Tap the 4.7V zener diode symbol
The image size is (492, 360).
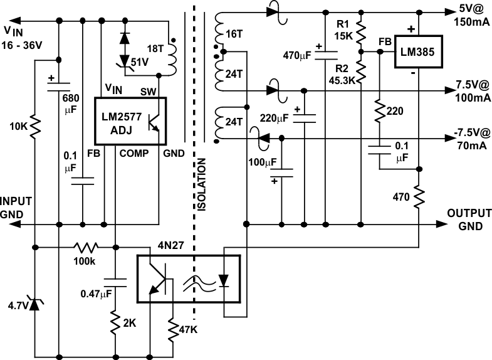click(x=36, y=306)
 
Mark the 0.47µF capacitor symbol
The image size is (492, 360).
click(x=116, y=283)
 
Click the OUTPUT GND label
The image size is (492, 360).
click(x=469, y=219)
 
